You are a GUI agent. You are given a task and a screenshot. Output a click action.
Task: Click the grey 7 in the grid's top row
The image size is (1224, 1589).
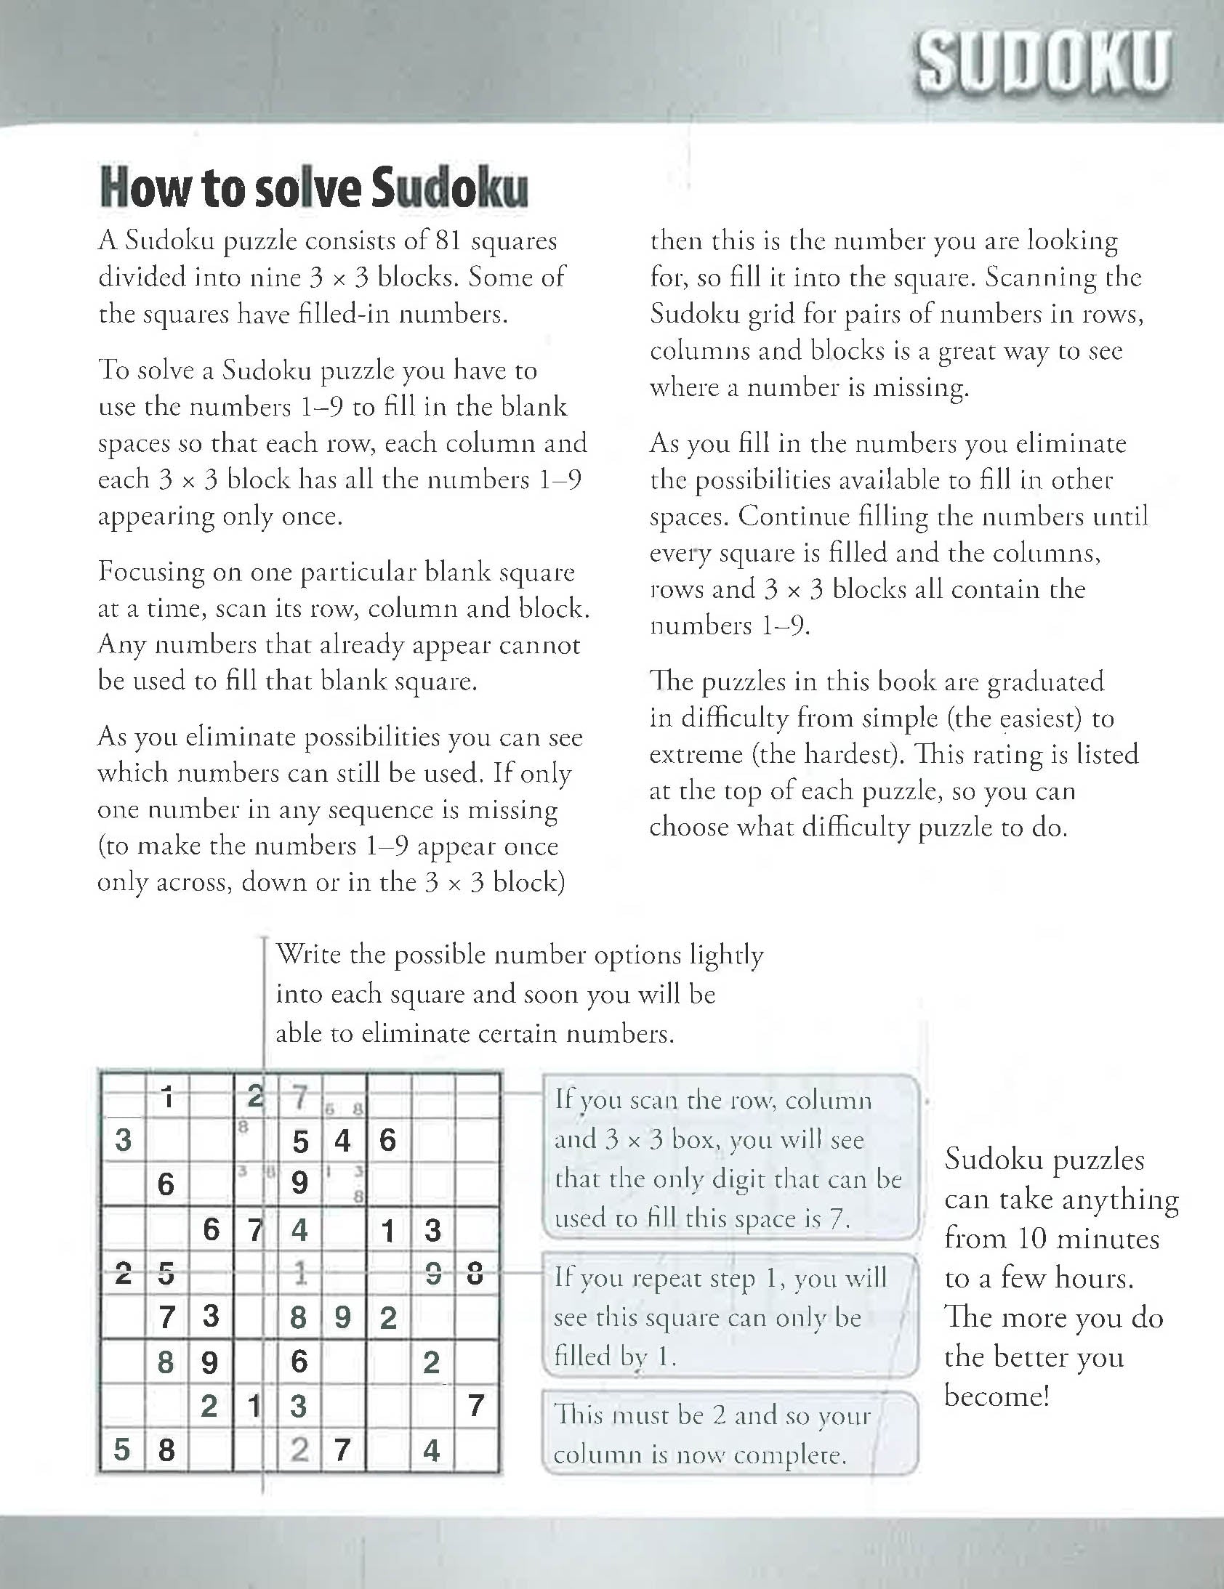point(299,1096)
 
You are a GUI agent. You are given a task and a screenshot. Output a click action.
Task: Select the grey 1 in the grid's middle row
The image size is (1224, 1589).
point(299,1273)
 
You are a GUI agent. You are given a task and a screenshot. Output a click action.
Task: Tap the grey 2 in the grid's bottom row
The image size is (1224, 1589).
point(299,1451)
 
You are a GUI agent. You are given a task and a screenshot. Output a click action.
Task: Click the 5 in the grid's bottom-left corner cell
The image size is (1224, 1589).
point(122,1450)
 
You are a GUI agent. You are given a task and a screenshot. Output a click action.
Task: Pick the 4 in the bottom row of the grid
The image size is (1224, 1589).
point(432,1451)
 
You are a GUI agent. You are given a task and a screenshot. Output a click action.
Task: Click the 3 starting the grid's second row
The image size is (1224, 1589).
point(123,1140)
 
